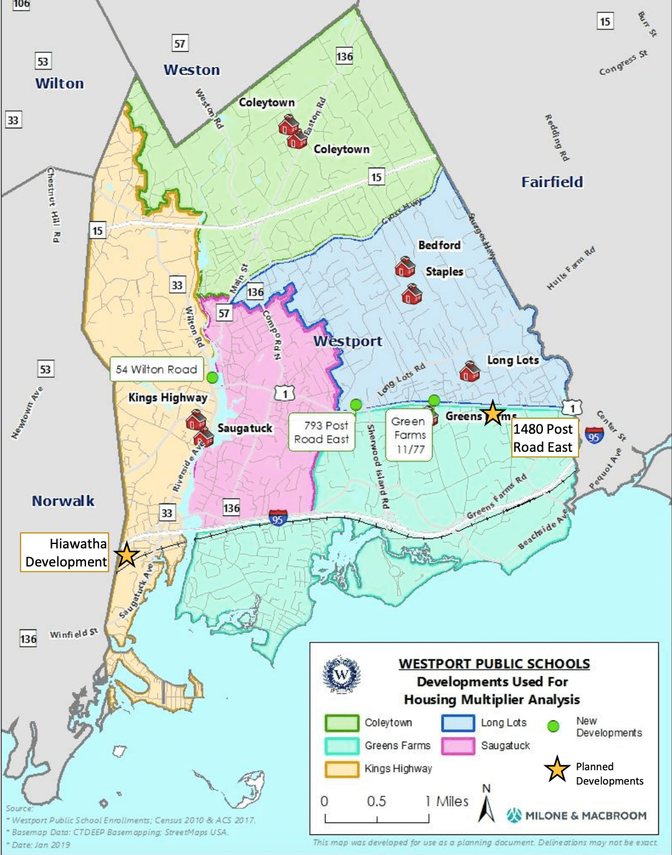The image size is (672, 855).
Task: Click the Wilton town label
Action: (x=59, y=84)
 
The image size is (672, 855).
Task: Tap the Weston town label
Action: (x=191, y=70)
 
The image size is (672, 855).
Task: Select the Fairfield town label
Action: (x=552, y=182)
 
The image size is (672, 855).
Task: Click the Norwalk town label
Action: (x=63, y=501)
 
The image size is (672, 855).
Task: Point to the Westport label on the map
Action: (x=348, y=341)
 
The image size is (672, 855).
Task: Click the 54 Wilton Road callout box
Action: (x=156, y=370)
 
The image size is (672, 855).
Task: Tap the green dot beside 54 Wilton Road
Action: (x=213, y=378)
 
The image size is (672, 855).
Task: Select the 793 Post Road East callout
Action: (x=321, y=432)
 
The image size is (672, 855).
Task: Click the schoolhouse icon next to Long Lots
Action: (x=469, y=371)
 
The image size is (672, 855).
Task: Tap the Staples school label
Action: (x=444, y=272)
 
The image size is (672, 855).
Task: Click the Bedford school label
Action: (x=439, y=246)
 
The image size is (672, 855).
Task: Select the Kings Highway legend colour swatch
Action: (x=342, y=769)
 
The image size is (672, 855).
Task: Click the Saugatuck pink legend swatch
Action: (x=458, y=746)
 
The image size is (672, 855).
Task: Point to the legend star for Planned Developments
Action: (x=557, y=770)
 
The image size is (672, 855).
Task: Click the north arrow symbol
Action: (x=487, y=807)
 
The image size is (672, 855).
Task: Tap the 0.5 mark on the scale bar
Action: (x=376, y=801)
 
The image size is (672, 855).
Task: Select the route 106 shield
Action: (x=21, y=4)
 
